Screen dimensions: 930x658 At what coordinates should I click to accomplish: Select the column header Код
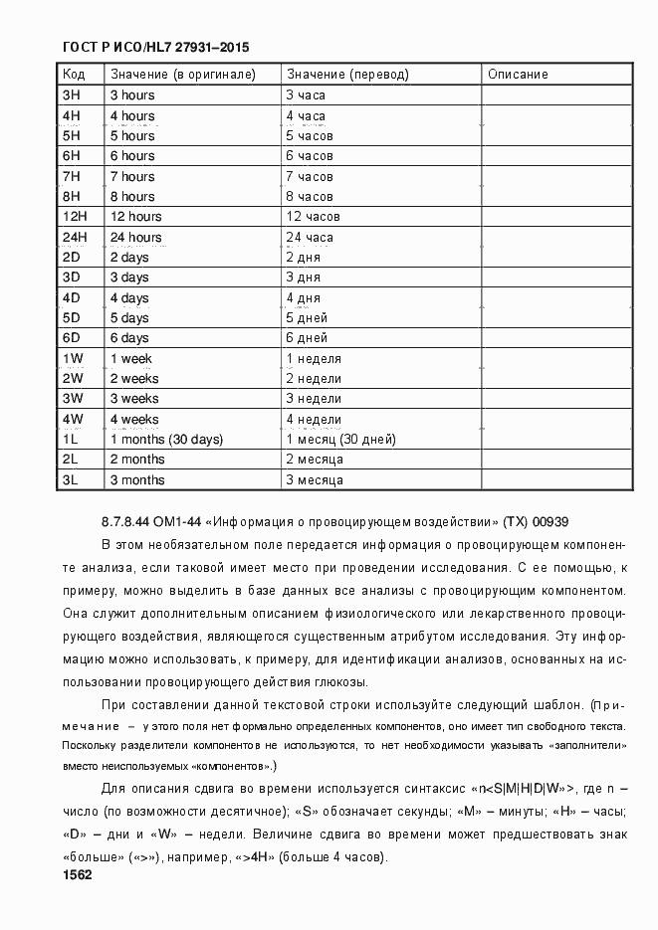(74, 75)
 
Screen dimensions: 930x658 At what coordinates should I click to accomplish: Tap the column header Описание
(518, 75)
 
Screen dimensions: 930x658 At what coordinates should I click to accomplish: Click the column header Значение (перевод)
(347, 75)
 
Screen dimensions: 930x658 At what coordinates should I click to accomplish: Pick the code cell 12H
(76, 216)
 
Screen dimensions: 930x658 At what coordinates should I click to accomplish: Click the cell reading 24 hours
(136, 237)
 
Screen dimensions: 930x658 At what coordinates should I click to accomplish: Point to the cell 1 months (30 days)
(166, 439)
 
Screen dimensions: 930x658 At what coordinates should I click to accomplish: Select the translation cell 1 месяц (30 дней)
(340, 439)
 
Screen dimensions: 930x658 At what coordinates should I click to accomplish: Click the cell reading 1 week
(131, 358)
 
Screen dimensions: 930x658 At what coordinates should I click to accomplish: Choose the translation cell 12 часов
(313, 216)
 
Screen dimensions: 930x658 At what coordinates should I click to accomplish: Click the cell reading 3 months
(137, 479)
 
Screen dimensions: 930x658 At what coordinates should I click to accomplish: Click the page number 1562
(77, 875)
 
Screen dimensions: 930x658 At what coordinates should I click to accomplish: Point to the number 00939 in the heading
(550, 520)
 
